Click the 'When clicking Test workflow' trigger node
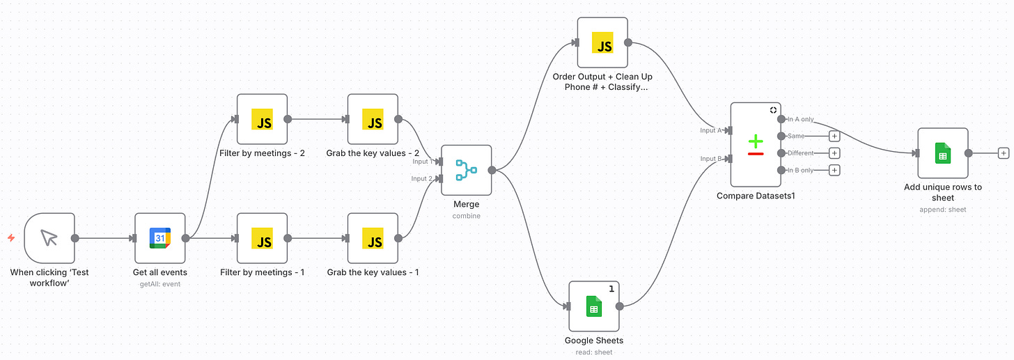pos(49,238)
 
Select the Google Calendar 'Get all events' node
pos(160,238)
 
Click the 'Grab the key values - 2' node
pos(373,119)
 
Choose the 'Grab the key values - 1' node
pos(373,238)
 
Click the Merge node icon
pos(466,170)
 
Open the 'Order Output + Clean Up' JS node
pos(602,42)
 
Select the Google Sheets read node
pos(593,306)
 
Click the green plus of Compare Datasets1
pos(756,141)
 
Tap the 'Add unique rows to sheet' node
pos(942,153)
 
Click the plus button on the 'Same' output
pos(834,136)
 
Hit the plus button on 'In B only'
pos(834,170)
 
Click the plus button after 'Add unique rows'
pos(1003,153)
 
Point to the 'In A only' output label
pos(800,120)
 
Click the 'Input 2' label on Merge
pos(421,179)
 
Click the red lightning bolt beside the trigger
pos(11,238)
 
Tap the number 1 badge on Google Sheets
pos(611,289)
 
